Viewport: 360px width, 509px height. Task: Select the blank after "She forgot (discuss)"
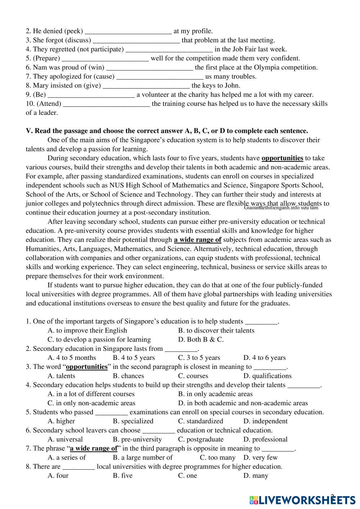click(136, 40)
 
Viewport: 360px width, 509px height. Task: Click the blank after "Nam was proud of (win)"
click(150, 67)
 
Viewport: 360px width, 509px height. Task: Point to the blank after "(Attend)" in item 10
click(107, 104)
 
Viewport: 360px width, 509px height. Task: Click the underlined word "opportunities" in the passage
click(282, 158)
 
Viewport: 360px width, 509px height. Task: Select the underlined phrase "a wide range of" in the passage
click(197, 240)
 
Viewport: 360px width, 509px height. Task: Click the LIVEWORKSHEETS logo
click(302, 500)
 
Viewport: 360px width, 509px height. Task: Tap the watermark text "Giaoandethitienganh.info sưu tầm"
click(281, 208)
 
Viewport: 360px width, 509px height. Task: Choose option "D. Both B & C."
click(201, 340)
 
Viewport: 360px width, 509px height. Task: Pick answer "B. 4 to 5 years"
click(134, 358)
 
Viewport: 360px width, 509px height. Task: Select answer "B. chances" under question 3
click(128, 376)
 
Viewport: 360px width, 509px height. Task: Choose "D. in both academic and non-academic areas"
click(243, 403)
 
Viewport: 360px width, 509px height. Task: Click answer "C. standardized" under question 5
click(201, 421)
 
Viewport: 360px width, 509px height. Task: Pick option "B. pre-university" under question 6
click(137, 439)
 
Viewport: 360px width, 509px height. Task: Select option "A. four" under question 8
click(58, 476)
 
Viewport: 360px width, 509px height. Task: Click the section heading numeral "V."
click(29, 131)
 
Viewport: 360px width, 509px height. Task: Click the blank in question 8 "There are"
click(78, 467)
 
